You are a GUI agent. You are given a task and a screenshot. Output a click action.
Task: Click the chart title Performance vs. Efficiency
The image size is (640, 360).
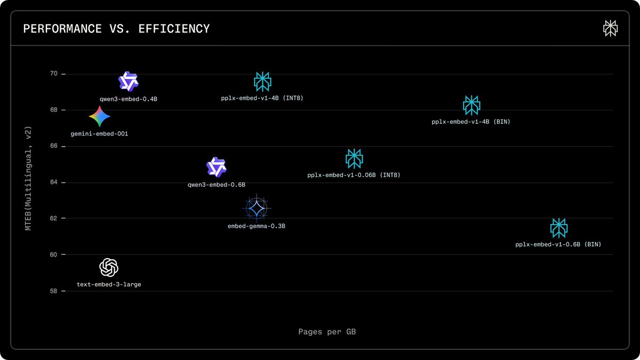tap(116, 29)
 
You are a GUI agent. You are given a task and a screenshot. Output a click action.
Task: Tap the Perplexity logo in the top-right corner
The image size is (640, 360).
tap(610, 29)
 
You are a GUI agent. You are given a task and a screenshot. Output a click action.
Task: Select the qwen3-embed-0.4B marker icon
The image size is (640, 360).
tap(128, 82)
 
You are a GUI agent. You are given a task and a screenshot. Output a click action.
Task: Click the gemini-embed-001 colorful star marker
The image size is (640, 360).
tap(100, 116)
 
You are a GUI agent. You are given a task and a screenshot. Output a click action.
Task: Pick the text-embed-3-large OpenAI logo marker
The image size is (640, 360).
tap(109, 267)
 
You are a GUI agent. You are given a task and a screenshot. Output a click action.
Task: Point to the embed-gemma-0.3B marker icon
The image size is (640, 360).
tap(257, 208)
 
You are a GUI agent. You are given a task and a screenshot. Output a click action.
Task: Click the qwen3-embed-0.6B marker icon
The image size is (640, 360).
tap(217, 167)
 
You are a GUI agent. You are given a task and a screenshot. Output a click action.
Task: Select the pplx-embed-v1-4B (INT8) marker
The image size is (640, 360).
tap(262, 81)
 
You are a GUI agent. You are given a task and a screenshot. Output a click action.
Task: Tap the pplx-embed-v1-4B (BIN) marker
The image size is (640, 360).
tap(471, 105)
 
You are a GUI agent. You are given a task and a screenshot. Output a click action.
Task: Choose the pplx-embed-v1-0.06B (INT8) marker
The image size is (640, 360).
tap(354, 158)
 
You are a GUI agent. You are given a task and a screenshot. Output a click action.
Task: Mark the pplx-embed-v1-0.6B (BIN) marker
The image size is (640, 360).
tap(558, 228)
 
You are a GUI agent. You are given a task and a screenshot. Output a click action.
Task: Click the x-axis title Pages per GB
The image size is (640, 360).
tap(327, 332)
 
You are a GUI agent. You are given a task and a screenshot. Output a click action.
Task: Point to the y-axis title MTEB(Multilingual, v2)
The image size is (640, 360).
tap(29, 178)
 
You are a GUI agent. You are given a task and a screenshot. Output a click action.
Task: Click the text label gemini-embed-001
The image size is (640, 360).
tap(99, 134)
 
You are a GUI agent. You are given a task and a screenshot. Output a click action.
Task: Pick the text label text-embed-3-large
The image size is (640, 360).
tap(109, 285)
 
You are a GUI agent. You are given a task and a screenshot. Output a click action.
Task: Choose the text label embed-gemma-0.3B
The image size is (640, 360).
tap(257, 226)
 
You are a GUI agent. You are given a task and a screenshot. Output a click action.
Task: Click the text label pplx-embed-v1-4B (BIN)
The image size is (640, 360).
tap(471, 122)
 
